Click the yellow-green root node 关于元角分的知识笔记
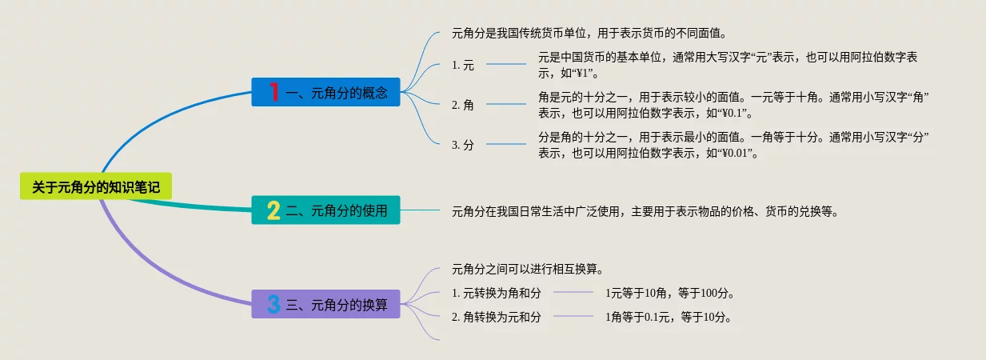[96, 186]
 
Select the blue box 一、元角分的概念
[325, 92]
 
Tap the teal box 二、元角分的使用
[325, 210]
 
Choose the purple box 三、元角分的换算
[325, 304]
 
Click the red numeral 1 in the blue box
[274, 92]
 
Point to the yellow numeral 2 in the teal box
[273, 210]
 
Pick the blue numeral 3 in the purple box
[273, 304]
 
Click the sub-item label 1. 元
[463, 65]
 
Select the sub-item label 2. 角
[463, 105]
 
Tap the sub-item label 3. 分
[463, 145]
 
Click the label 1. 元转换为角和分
[496, 293]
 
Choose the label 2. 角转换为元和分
[496, 317]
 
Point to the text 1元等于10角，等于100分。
[669, 293]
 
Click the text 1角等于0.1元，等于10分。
[669, 317]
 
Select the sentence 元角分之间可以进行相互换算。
[528, 269]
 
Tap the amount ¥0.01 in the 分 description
[735, 153]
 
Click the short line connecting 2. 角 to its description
[506, 104]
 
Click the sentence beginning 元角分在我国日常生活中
[645, 212]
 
